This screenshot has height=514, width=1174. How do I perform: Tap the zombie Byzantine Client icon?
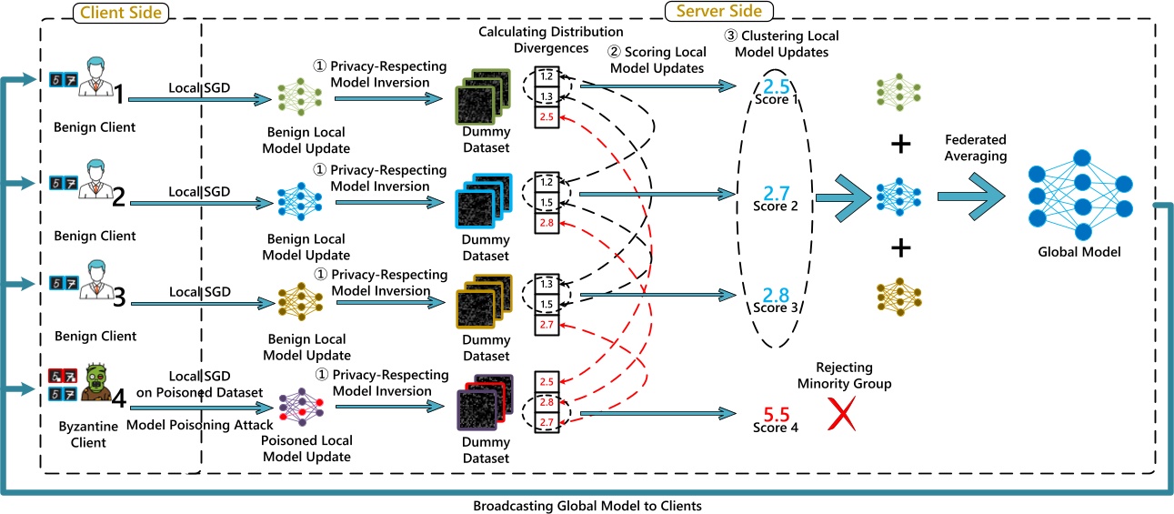click(92, 383)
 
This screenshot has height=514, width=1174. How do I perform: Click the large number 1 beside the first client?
click(118, 89)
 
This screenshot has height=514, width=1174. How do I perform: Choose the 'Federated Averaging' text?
click(974, 148)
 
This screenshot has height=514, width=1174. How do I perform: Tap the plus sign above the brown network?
click(899, 247)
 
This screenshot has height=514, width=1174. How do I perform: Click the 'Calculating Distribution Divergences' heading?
click(534, 41)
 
